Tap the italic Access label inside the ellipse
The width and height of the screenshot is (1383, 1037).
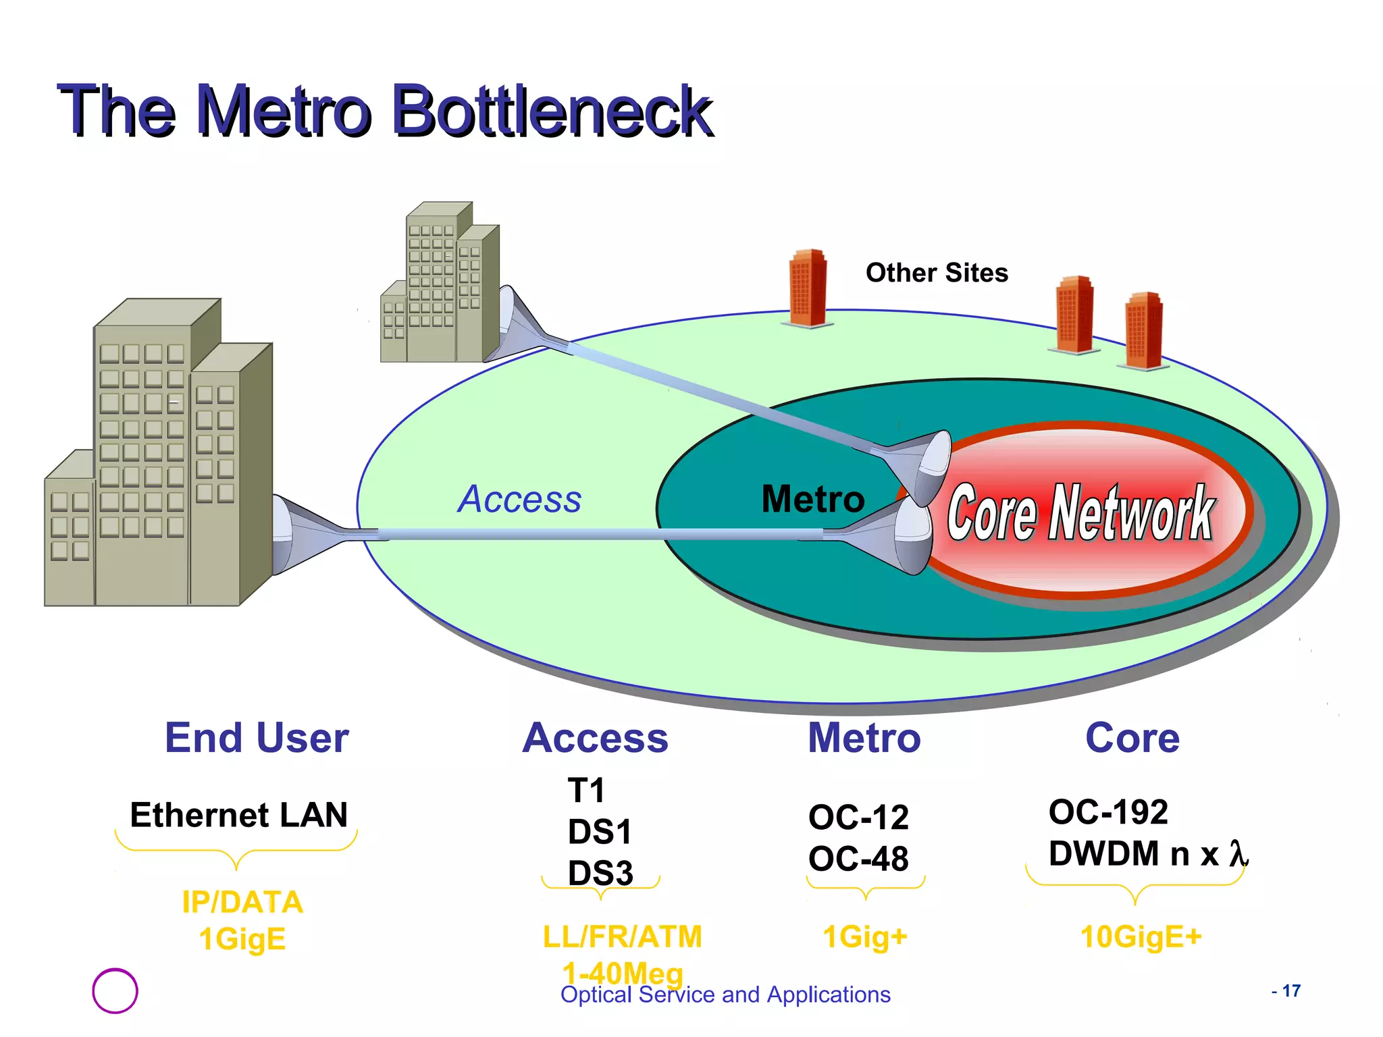519,500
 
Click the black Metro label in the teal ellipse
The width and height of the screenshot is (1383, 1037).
812,500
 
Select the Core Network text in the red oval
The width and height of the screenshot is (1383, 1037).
1080,513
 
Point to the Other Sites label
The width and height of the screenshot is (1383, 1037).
937,273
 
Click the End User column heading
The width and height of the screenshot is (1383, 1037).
257,737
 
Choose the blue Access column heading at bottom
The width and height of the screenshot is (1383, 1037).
595,738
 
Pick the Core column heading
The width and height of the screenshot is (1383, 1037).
1132,737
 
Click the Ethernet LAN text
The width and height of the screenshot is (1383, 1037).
238,815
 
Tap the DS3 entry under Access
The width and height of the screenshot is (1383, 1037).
600,873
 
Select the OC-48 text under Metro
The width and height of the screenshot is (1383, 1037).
858,859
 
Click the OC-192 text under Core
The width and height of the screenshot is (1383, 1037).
1108,812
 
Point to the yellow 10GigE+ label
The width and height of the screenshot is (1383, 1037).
1141,937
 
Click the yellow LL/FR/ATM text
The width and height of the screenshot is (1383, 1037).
622,937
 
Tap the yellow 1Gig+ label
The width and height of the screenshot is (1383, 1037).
865,937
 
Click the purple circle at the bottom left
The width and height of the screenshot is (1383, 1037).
115,990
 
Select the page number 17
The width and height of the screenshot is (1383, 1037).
1290,990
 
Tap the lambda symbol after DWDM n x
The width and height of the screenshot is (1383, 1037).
1237,854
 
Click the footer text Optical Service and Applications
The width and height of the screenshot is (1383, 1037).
725,995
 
